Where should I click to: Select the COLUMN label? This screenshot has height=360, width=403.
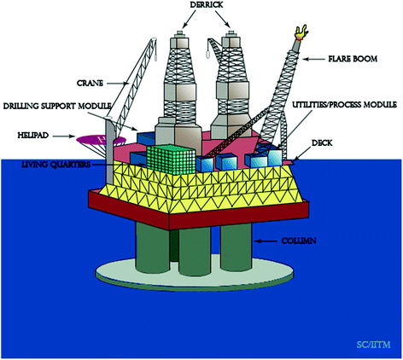click(x=295, y=243)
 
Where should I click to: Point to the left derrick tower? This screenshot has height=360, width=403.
click(x=182, y=85)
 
